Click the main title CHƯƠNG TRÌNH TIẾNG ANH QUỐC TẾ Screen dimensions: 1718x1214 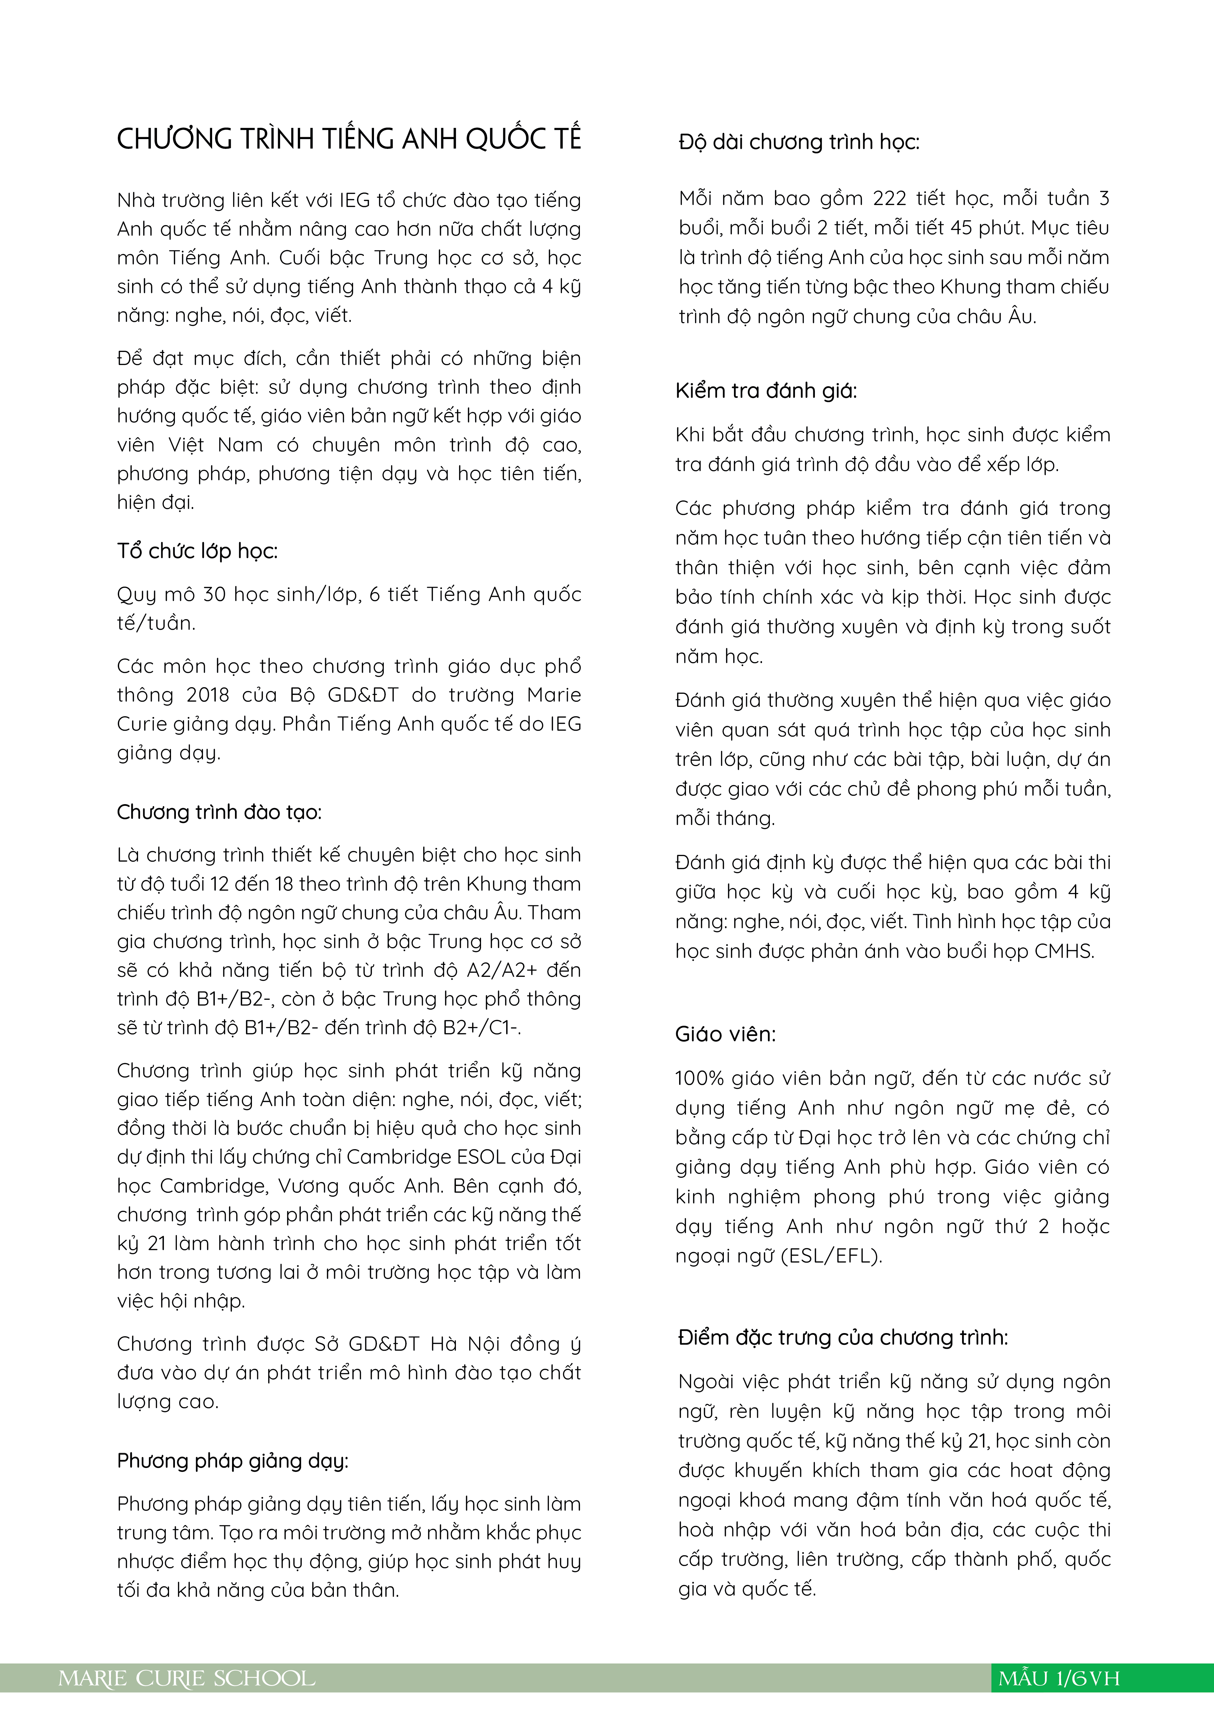[349, 139]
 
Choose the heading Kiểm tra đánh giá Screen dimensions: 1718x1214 [766, 390]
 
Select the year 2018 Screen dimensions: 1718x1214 [208, 695]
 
